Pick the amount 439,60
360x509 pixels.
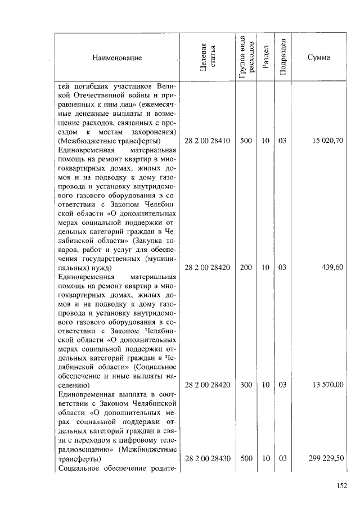332,268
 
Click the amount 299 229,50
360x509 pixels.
325,459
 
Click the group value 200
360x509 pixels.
246,268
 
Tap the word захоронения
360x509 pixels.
154,132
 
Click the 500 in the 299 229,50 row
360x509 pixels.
246,459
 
